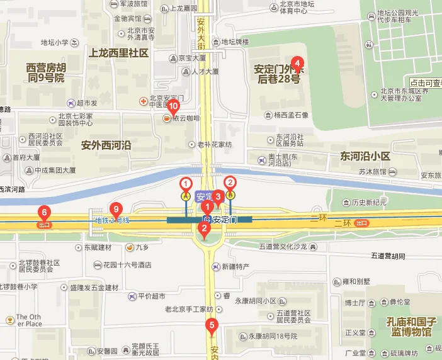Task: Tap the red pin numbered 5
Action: [x=212, y=326]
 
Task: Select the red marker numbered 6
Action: [x=43, y=212]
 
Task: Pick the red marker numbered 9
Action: [x=115, y=209]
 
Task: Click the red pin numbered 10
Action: [x=174, y=106]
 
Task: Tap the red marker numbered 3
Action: [x=218, y=196]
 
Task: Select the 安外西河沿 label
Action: [x=106, y=145]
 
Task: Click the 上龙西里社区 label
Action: [x=119, y=53]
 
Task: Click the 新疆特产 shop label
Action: [x=235, y=267]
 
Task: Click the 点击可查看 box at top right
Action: [x=426, y=83]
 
